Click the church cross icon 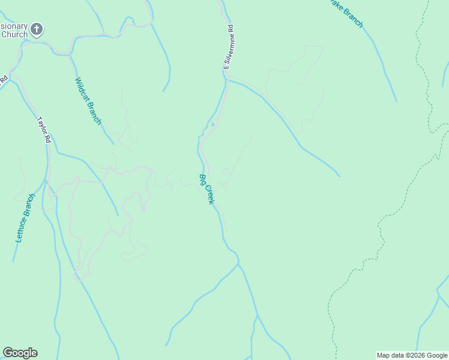click(37, 28)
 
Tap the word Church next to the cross click(14, 35)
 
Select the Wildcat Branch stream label click(88, 101)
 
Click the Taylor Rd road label click(44, 129)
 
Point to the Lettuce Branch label click(25, 217)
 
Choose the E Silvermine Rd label click(228, 47)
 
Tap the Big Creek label click(206, 188)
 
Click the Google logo click(20, 353)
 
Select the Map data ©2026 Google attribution click(412, 355)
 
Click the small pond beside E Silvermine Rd click(212, 125)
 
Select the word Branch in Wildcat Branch click(94, 112)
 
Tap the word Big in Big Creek click(203, 179)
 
